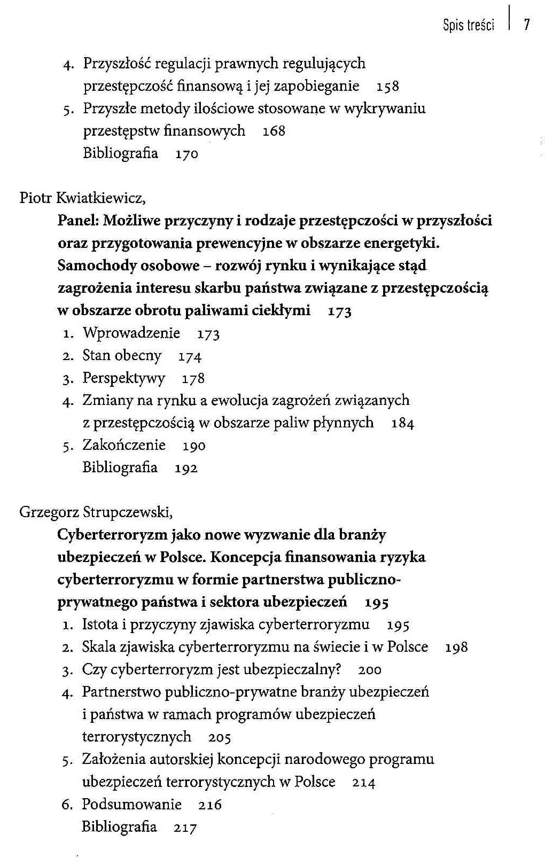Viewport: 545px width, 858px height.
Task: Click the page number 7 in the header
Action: click(526, 25)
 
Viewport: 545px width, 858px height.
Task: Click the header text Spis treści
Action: click(468, 25)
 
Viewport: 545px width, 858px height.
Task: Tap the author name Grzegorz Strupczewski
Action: click(96, 512)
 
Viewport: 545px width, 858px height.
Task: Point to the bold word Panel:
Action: click(79, 221)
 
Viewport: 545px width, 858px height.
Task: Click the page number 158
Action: click(387, 87)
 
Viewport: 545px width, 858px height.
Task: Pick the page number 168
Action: click(274, 131)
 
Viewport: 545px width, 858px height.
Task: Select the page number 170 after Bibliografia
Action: click(186, 154)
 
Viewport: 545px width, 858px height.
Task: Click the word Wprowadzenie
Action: click(131, 333)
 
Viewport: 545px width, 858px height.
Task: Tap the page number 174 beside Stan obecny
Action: click(190, 356)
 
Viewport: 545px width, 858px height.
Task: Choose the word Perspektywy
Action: click(124, 378)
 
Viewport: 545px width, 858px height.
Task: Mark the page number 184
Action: click(403, 424)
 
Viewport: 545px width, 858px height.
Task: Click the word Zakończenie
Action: click(124, 445)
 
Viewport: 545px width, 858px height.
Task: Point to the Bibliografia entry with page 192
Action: click(120, 467)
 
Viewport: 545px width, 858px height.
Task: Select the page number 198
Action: click(456, 648)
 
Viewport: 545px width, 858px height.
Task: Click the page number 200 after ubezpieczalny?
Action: click(370, 670)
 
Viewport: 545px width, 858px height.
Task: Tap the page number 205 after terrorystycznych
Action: click(220, 738)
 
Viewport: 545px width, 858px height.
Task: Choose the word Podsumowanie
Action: click(131, 805)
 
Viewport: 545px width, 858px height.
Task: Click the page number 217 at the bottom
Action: click(185, 828)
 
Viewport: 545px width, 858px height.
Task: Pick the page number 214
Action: click(364, 783)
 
